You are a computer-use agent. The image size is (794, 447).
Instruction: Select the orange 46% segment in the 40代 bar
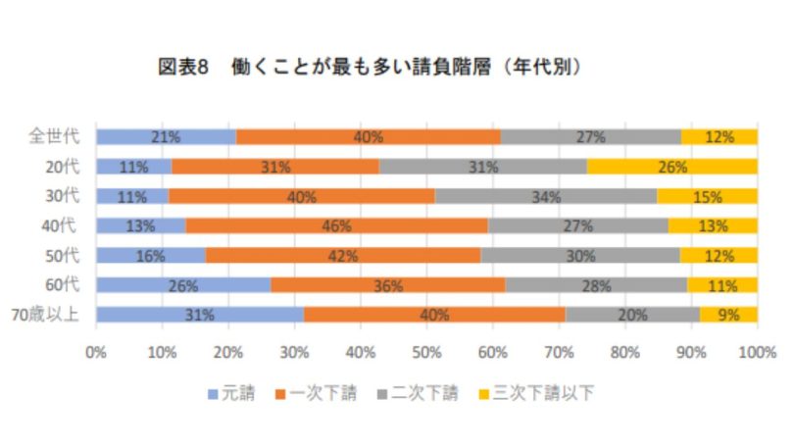(336, 226)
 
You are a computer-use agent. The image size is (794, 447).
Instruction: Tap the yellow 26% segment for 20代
(671, 167)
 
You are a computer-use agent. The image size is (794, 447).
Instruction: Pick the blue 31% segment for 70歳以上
(200, 315)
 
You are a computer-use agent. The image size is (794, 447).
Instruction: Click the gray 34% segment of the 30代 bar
(545, 197)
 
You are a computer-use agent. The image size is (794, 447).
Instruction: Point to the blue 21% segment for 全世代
(166, 137)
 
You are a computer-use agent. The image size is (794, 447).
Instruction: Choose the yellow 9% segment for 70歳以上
(727, 315)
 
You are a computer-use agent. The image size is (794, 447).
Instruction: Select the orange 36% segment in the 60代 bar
(388, 285)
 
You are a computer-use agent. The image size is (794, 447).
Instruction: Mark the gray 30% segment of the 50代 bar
(580, 256)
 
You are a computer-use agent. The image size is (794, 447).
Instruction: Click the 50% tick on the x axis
(426, 350)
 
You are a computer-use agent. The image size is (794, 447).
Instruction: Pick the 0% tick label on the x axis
(96, 350)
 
